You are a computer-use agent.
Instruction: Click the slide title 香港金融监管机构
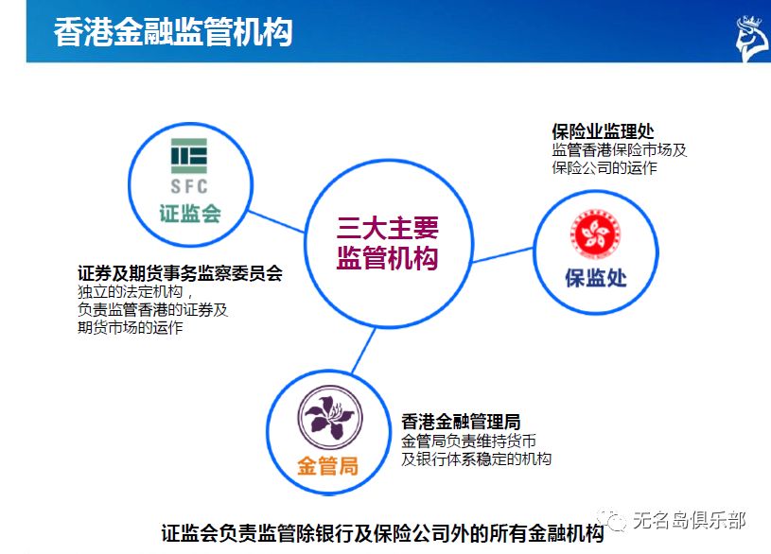(x=173, y=31)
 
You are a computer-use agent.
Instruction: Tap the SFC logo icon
(x=189, y=165)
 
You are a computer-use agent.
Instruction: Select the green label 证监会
(x=189, y=213)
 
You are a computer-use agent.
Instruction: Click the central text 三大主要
(x=388, y=228)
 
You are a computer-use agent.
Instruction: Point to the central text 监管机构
(x=388, y=258)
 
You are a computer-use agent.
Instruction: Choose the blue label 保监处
(x=596, y=279)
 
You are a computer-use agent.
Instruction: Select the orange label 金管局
(x=328, y=466)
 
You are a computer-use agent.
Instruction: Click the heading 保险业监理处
(x=603, y=131)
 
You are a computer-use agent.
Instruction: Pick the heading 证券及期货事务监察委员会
(x=180, y=273)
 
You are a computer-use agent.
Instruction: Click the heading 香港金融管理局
(x=461, y=422)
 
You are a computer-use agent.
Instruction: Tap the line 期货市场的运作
(x=130, y=328)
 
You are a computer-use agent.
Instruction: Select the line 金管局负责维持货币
(x=469, y=441)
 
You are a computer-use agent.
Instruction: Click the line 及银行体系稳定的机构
(x=476, y=459)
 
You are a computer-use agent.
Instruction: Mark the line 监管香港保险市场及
(x=619, y=150)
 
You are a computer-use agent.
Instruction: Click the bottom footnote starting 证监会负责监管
(x=382, y=533)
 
